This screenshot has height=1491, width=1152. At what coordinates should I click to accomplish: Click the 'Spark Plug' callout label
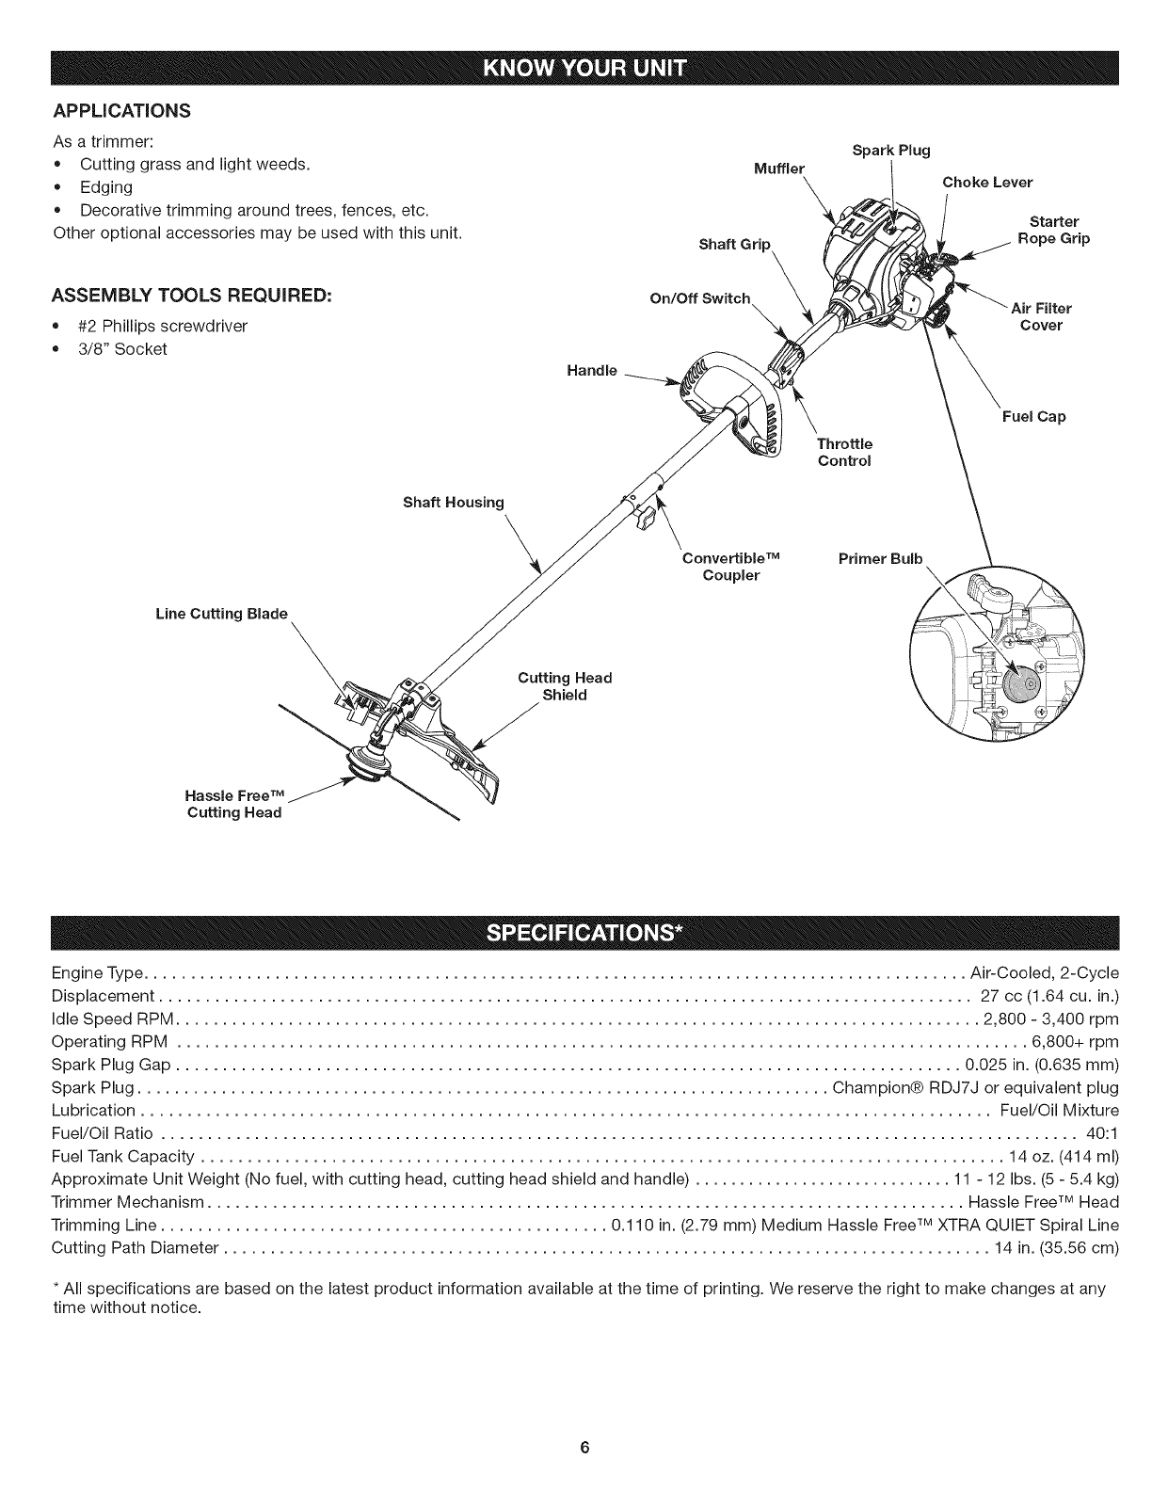890,151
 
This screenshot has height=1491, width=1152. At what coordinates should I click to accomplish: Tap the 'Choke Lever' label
987,182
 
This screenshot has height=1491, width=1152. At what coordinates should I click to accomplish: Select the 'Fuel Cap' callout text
1033,416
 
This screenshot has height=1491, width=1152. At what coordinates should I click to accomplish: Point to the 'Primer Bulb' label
880,559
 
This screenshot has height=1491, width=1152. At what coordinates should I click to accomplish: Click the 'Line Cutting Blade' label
221,615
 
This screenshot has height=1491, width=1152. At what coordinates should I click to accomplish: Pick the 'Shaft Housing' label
454,502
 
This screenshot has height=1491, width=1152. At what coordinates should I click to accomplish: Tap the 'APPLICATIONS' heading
121,111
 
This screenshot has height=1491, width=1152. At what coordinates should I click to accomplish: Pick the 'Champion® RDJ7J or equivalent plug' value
976,1088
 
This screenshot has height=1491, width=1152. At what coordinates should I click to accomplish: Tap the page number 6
584,1448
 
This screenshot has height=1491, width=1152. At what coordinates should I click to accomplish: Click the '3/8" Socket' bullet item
123,349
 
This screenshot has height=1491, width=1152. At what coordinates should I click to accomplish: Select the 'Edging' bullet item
106,186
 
